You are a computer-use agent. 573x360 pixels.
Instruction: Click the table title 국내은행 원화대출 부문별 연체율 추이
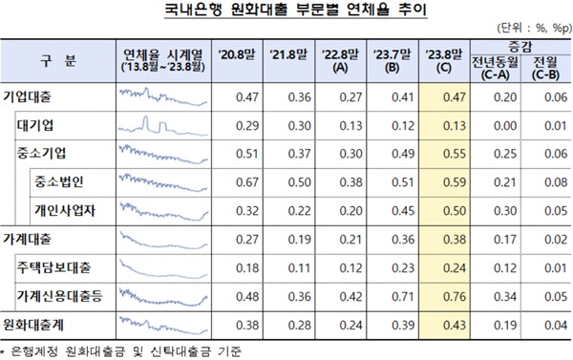pyautogui.click(x=286, y=12)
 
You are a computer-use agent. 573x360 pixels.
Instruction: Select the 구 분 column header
pyautogui.click(x=58, y=62)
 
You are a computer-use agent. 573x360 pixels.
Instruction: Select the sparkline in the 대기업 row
pyautogui.click(x=161, y=124)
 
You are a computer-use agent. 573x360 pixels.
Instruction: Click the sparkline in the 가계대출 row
pyautogui.click(x=161, y=238)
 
